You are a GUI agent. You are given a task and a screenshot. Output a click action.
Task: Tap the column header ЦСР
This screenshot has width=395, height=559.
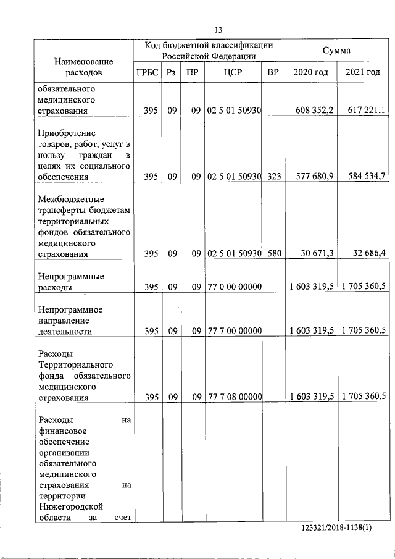pos(234,72)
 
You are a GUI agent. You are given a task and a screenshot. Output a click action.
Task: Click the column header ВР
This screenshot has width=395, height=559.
pos(273,72)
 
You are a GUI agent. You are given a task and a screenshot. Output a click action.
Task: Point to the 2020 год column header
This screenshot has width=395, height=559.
pos(311,72)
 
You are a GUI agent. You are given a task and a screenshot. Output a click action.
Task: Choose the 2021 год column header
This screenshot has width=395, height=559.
pos(363,72)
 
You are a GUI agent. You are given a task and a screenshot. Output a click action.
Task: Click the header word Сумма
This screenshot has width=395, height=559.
pos(337,50)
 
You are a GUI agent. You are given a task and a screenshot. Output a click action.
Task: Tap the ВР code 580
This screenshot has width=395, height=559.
pos(274,254)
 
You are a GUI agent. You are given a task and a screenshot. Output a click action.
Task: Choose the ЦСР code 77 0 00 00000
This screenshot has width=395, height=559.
pos(235,287)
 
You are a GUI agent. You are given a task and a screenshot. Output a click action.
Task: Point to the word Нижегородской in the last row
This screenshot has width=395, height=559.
pos(69,506)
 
